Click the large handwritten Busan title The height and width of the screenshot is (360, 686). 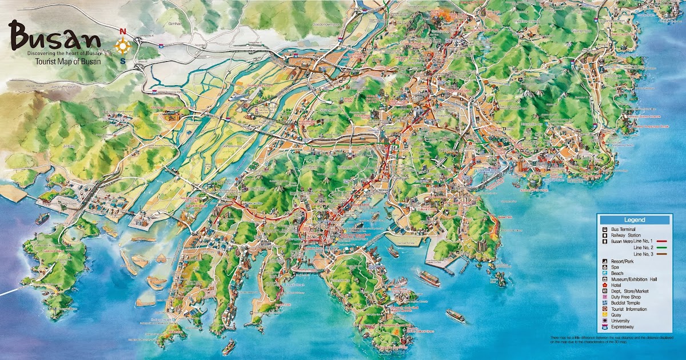(54, 38)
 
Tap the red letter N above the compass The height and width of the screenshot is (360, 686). (123, 31)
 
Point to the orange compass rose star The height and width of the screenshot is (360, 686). (123, 45)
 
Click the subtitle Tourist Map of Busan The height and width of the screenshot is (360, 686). (68, 61)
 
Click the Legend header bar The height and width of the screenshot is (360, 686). (634, 220)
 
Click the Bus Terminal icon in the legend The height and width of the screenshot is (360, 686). (604, 229)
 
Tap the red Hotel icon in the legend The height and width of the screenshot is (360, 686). (604, 285)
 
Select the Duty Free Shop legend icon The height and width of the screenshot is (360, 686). (604, 297)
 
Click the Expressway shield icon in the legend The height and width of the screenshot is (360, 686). (604, 327)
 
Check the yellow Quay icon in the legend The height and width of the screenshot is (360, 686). (604, 315)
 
